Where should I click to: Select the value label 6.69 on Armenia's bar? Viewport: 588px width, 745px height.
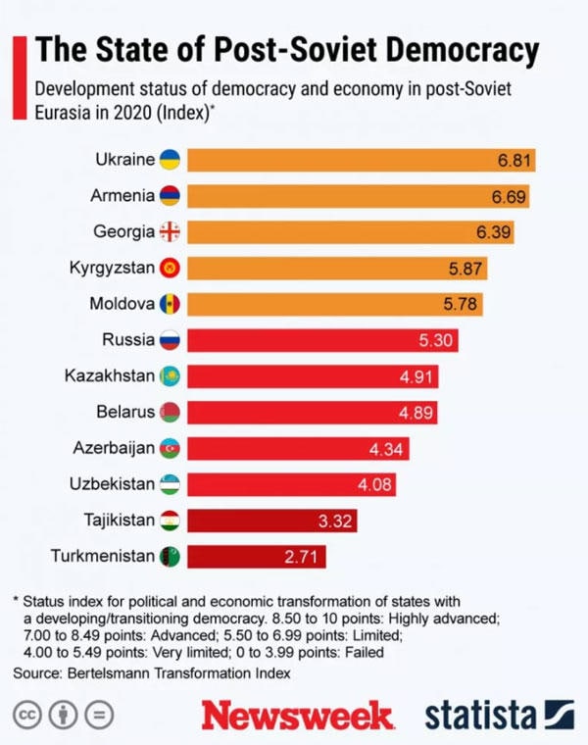[x=510, y=196]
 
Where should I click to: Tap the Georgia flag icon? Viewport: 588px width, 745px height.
[x=170, y=232]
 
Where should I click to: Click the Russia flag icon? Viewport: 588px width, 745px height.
[x=170, y=340]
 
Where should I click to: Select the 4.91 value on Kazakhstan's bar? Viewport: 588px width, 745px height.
[x=417, y=376]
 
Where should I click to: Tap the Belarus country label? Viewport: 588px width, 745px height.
[x=124, y=412]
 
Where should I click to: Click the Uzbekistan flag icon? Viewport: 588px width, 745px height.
[x=170, y=484]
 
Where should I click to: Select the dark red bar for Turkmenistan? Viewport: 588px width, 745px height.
[x=256, y=557]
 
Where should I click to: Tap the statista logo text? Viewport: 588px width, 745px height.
[x=480, y=714]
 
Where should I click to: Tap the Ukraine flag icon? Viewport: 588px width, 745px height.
[x=170, y=160]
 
